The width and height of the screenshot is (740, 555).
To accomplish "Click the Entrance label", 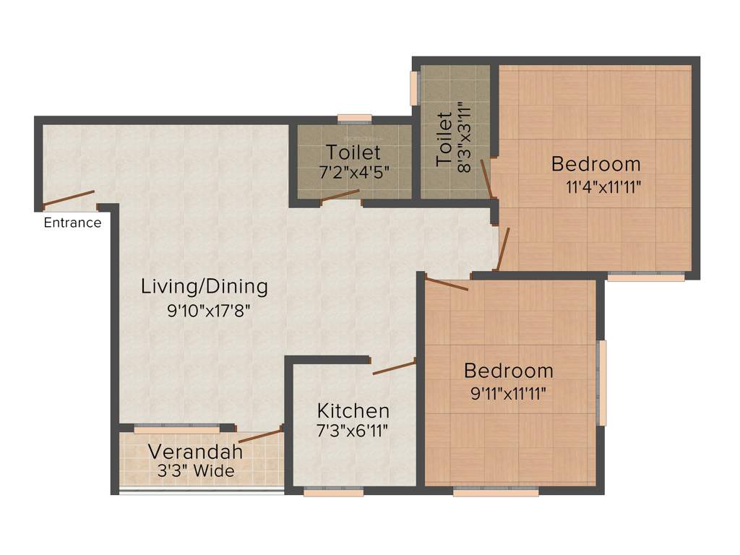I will coord(72,223).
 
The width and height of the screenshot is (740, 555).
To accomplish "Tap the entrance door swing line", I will coord(69,198).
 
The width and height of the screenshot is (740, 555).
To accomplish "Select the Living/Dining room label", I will coord(204,286).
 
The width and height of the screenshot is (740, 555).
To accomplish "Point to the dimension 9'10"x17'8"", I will coord(209,312).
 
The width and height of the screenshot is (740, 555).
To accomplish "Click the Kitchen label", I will coord(353,411).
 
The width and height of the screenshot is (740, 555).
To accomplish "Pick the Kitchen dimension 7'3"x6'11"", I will coord(353,431).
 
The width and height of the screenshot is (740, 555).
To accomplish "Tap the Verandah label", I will coord(195,452).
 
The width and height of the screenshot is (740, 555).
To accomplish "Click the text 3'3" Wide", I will coord(196,471).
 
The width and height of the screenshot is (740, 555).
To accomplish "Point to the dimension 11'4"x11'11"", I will coord(603,186).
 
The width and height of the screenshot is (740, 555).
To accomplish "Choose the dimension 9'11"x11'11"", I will coord(508,394).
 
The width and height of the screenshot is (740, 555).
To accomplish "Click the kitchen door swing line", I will coord(394,367).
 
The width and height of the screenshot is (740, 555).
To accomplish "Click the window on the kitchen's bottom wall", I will coord(323,493).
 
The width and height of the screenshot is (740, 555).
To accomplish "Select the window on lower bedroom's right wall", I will coord(602,382).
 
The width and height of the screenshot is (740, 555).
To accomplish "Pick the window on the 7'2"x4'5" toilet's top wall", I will coord(354,119).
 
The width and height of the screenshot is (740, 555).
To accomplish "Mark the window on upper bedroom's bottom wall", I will coord(645,276).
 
